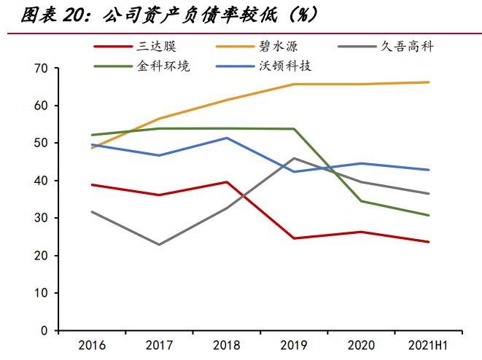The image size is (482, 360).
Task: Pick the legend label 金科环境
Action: (x=163, y=66)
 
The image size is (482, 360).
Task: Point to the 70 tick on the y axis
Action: (x=40, y=69)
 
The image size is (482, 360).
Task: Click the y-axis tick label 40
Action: (x=40, y=181)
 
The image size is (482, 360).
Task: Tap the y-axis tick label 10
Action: (x=40, y=293)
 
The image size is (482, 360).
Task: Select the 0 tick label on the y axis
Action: (x=43, y=331)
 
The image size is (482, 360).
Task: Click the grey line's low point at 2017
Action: (x=159, y=244)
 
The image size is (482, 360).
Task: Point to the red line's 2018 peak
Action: (x=226, y=182)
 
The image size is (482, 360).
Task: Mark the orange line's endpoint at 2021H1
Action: (x=428, y=82)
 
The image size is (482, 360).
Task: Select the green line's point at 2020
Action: (x=361, y=201)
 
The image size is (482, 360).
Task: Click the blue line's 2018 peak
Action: (x=226, y=138)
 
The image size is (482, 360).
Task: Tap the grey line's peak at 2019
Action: (x=294, y=158)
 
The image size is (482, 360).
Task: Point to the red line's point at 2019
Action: (x=294, y=238)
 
